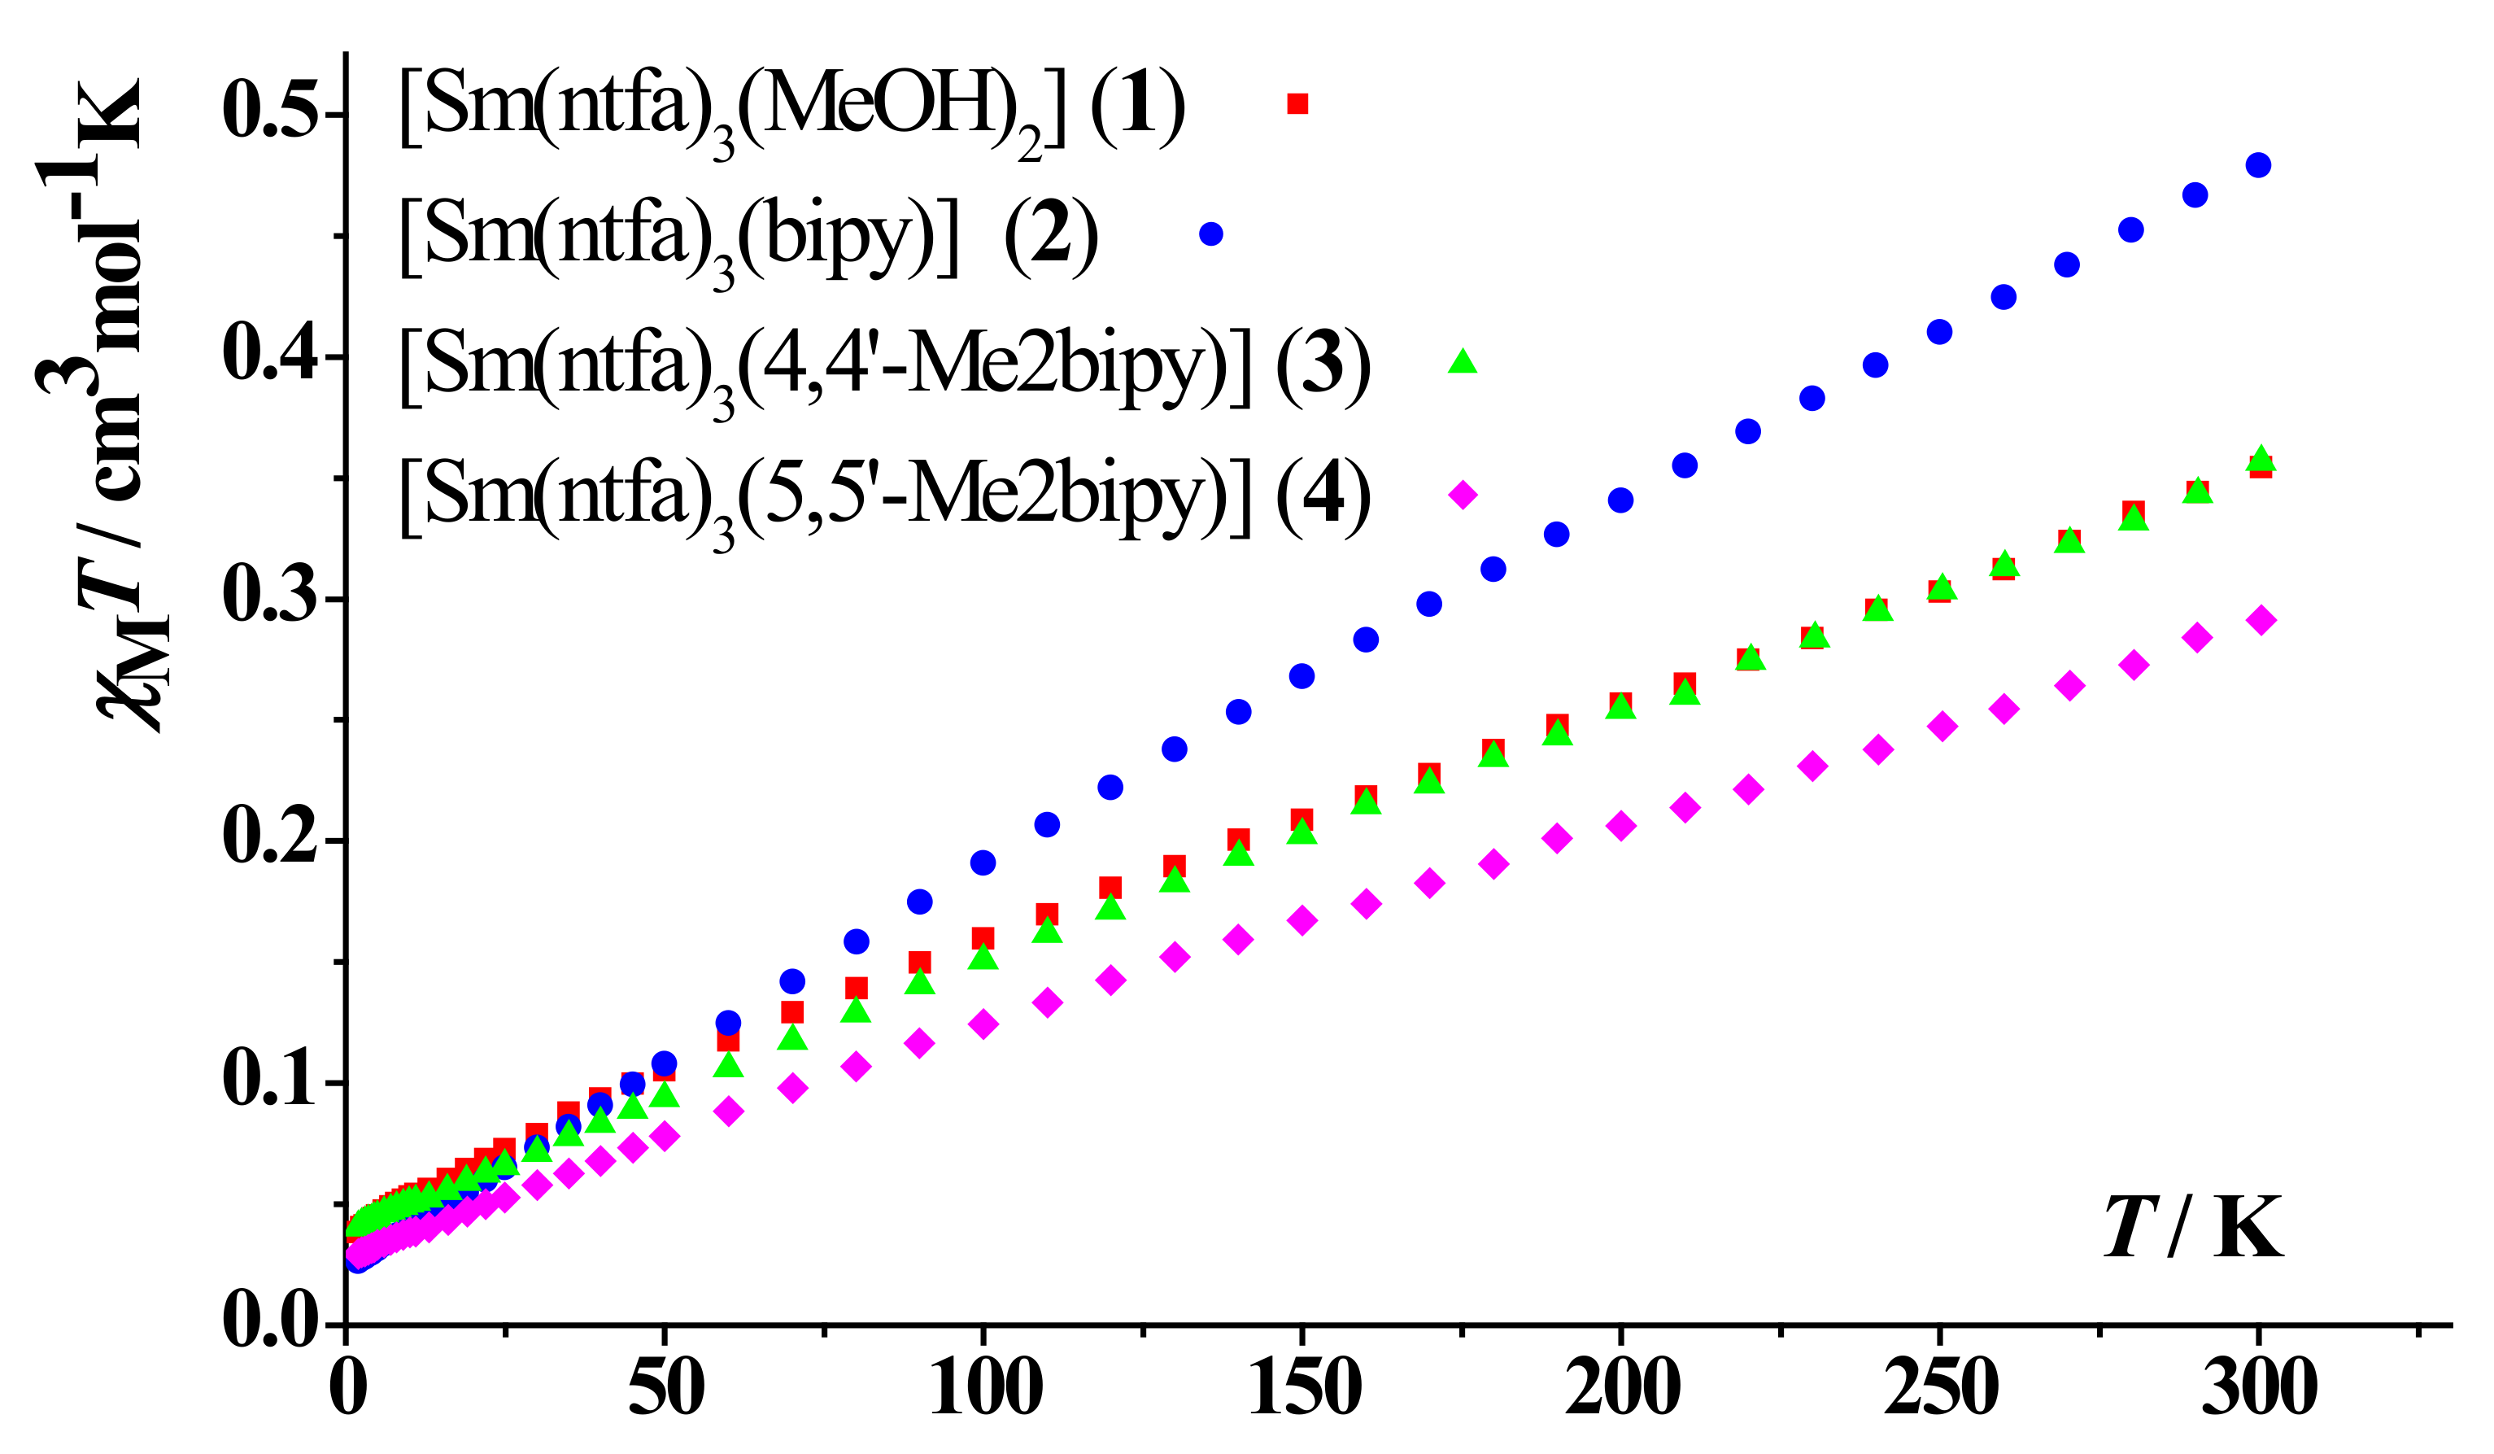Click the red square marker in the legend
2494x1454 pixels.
coord(1297,104)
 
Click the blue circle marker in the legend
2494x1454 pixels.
coord(1210,234)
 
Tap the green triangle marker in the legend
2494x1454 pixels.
coord(1462,362)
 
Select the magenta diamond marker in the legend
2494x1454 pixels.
coord(1463,494)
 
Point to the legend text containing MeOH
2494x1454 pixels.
coord(791,109)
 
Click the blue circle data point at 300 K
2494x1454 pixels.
coord(2258,164)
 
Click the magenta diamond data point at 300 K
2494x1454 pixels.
coord(2261,621)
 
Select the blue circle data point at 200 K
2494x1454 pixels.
coord(1620,500)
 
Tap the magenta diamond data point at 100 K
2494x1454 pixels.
coord(983,1024)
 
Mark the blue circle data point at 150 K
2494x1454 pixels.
coord(1302,676)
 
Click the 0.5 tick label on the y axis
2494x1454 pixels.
coord(269,111)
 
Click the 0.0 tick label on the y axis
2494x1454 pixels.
coord(269,1321)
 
